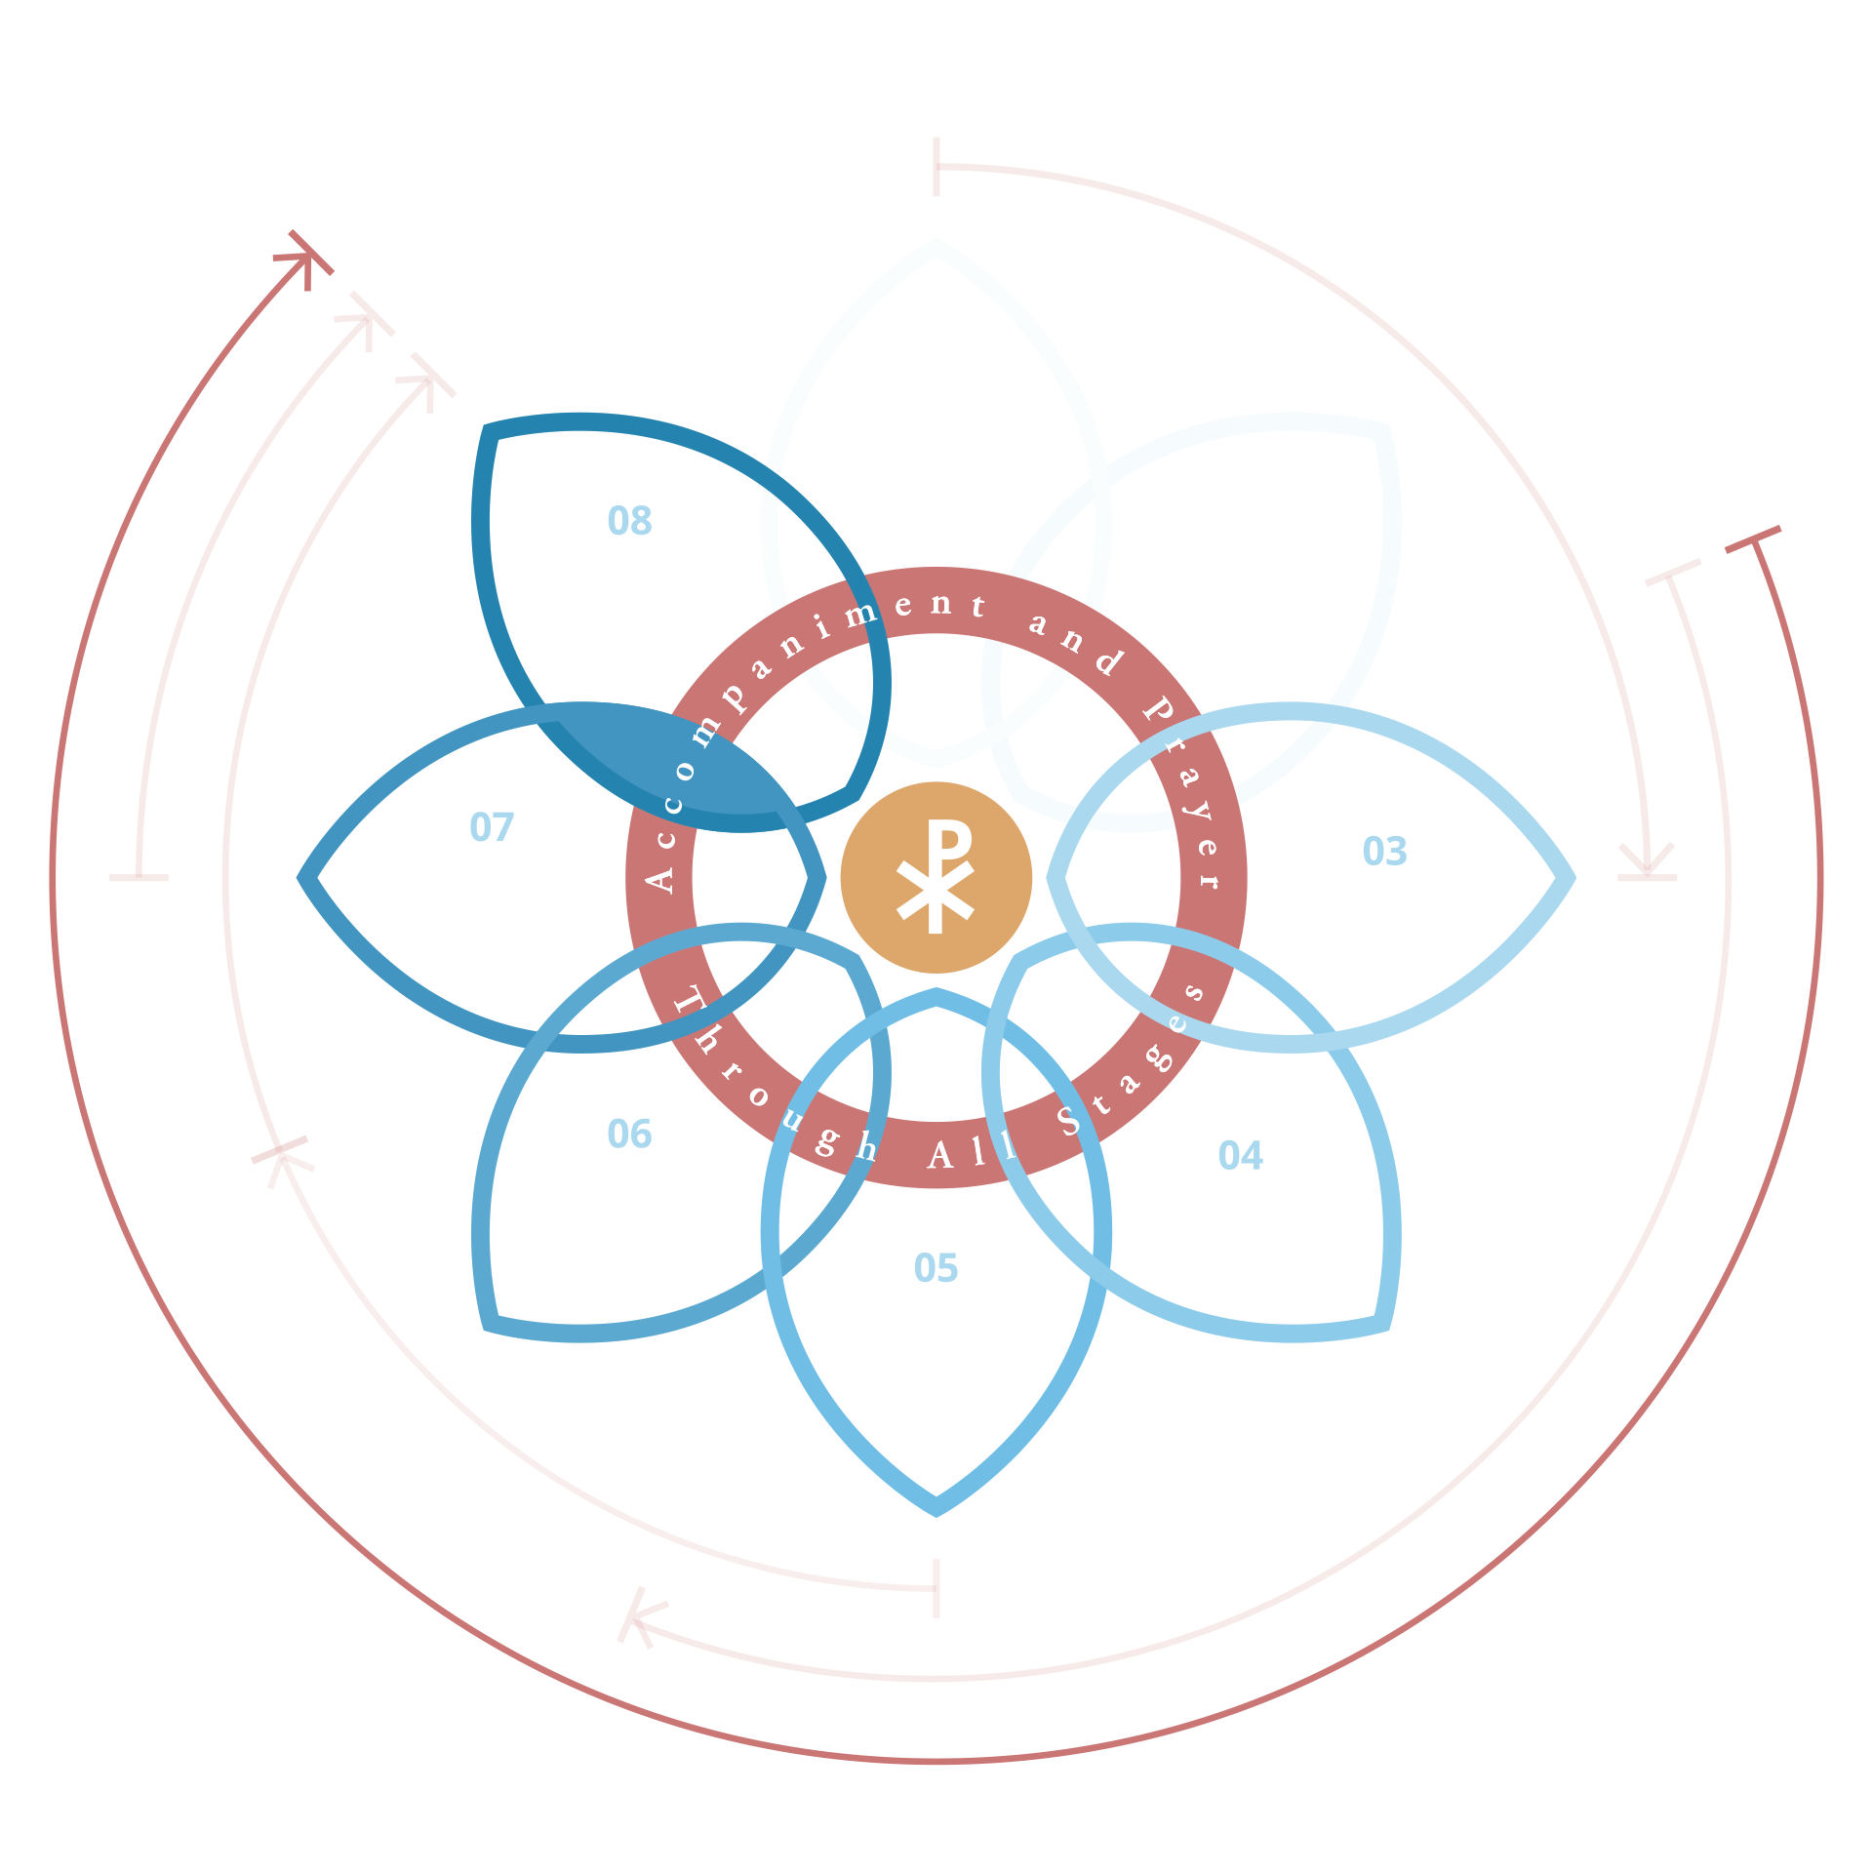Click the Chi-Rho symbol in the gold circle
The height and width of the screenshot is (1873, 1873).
pos(936,877)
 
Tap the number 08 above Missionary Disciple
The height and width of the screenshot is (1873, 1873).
pos(629,521)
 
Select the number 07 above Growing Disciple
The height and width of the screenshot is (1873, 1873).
pos(491,827)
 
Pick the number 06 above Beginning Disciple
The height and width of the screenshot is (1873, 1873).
pos(629,1134)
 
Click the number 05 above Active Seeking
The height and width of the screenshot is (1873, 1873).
pos(936,1268)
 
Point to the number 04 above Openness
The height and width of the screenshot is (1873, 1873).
pos(1240,1156)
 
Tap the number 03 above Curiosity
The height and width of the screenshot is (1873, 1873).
pos(1384,851)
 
